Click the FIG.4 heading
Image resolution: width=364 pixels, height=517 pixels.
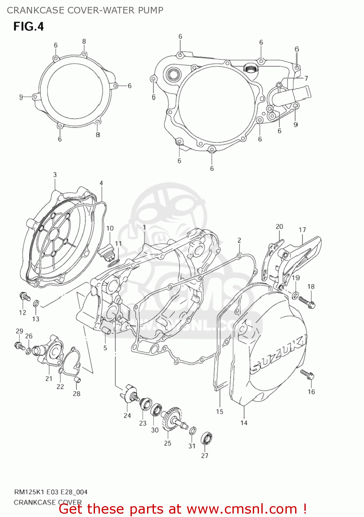(29, 27)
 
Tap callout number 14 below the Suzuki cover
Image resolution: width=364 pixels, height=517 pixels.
(244, 423)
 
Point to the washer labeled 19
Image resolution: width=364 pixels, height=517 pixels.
(295, 295)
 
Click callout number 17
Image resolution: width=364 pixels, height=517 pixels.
(302, 230)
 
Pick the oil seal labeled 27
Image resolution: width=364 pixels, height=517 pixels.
(207, 439)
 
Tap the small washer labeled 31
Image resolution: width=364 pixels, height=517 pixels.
(193, 430)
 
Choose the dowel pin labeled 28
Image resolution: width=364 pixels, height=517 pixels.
(77, 380)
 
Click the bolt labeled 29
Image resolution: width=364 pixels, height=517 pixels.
(19, 345)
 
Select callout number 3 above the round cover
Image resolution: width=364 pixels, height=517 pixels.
(55, 175)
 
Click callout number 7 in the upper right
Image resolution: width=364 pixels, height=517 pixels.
(306, 78)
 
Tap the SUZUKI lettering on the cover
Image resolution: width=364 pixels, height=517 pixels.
(279, 355)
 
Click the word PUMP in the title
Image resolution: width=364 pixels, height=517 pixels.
(150, 10)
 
